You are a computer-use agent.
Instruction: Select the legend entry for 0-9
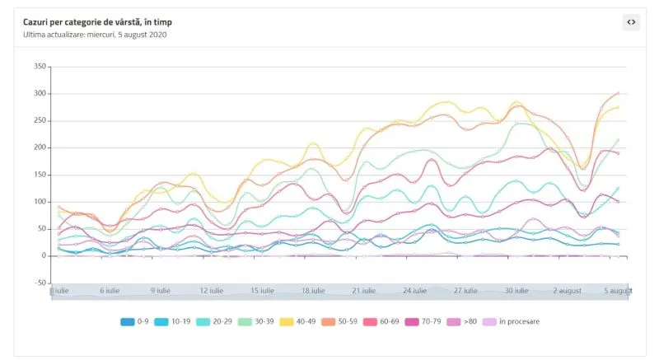pos(137,321)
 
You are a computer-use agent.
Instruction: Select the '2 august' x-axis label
pos(567,291)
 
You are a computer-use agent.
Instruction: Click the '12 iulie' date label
pos(211,291)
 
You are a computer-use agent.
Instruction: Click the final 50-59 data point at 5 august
pos(618,93)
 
